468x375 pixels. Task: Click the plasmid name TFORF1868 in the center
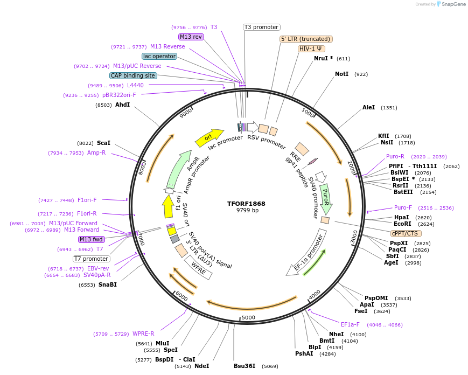(246, 204)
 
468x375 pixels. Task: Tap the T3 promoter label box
(261, 27)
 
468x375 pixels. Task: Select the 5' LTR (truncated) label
(306, 39)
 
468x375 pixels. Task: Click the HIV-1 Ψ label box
(311, 48)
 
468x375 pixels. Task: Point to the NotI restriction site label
(341, 74)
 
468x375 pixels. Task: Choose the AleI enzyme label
(368, 107)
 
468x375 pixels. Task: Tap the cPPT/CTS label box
(406, 233)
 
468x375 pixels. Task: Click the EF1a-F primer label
(350, 324)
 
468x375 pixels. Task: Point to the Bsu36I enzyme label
(245, 366)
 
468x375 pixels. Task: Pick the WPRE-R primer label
(143, 334)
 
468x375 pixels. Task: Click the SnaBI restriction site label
(108, 284)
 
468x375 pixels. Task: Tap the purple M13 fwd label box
(91, 239)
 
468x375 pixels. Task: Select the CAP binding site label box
(133, 76)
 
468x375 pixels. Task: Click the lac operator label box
(159, 56)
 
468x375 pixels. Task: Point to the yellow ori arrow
(209, 137)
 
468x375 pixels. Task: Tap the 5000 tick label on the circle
(248, 317)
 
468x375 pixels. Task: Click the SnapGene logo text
(452, 4)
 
